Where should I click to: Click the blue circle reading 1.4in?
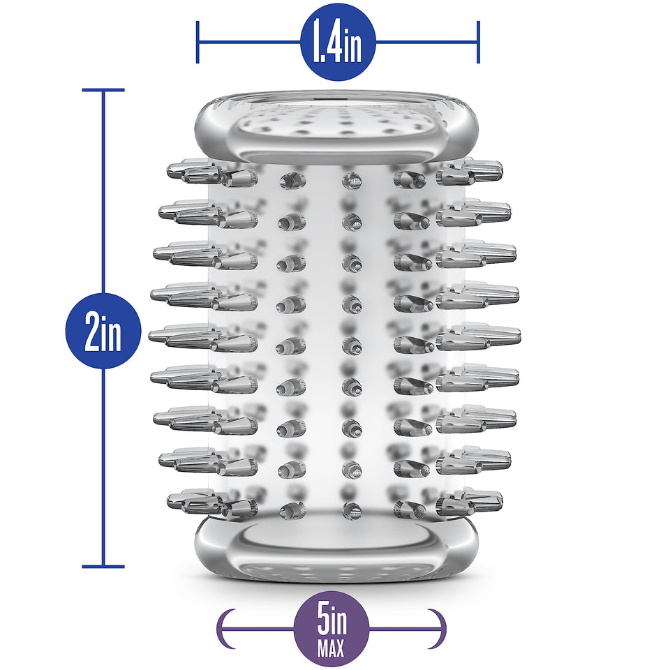click(x=338, y=43)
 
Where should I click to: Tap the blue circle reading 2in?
click(x=103, y=331)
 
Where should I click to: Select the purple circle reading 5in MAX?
click(x=331, y=629)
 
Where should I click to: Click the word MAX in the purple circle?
click(x=331, y=648)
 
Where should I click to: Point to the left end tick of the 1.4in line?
click(x=198, y=43)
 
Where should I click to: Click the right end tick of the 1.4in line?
click(x=478, y=43)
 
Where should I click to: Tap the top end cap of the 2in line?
click(x=103, y=90)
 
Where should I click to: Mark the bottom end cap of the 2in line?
click(x=103, y=567)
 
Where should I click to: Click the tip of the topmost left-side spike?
click(x=167, y=170)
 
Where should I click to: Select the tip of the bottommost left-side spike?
click(x=167, y=499)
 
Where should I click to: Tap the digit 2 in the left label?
click(x=92, y=331)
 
